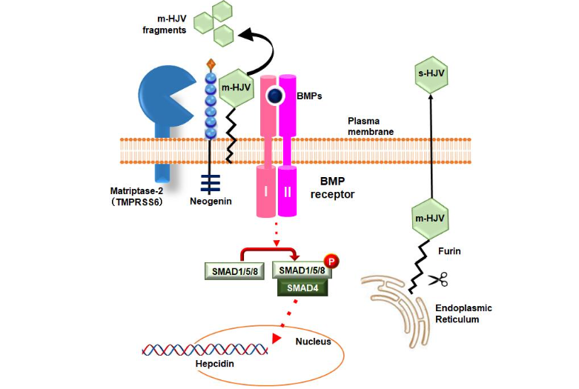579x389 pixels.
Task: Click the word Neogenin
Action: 211,200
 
